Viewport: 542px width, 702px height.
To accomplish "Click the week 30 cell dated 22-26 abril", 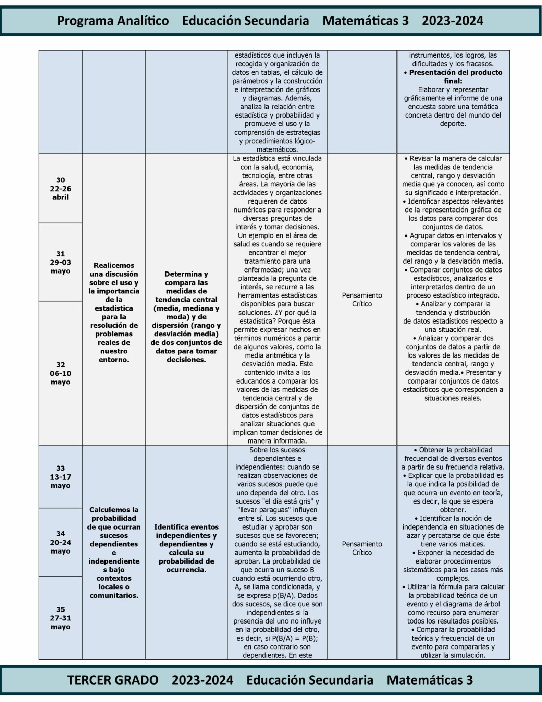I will (60, 189).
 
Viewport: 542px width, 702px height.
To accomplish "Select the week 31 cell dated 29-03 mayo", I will (60, 262).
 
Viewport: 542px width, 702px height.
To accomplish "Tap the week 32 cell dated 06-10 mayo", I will (60, 373).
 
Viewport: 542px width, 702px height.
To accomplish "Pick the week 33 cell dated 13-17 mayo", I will (60, 477).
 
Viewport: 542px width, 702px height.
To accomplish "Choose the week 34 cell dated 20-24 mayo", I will (60, 542).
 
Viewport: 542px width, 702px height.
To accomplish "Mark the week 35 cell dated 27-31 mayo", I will (60, 618).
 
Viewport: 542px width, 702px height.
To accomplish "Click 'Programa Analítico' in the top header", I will (113, 21).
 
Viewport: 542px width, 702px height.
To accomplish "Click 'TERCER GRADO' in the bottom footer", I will (113, 680).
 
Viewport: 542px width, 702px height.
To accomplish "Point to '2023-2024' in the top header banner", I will (452, 21).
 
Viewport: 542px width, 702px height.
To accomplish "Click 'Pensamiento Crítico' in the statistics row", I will (362, 299).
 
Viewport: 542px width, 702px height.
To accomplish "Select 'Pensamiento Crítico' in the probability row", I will (362, 548).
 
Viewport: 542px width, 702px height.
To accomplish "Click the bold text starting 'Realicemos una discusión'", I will (113, 312).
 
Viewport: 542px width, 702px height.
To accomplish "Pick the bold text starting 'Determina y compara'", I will (186, 316).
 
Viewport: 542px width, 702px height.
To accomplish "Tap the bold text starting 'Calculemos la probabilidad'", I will (113, 552).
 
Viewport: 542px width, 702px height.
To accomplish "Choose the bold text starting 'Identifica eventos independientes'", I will (186, 548).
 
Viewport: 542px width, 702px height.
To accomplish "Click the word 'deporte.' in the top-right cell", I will (453, 124).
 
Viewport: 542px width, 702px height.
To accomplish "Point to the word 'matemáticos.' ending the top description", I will (277, 149).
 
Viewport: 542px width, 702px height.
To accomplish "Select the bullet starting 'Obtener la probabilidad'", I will (453, 458).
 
